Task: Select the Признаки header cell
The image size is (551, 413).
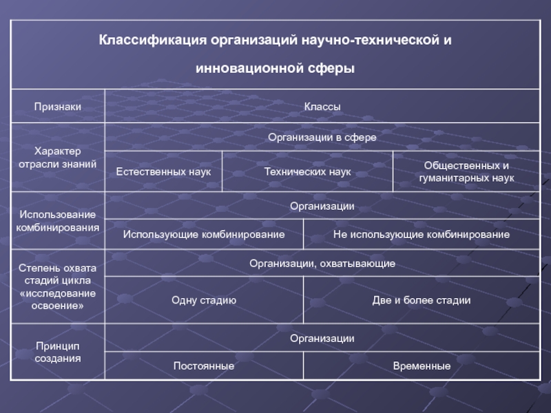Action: point(58,106)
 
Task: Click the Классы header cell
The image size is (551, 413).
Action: point(322,106)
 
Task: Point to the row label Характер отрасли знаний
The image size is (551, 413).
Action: point(58,157)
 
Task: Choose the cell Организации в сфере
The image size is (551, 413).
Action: point(322,138)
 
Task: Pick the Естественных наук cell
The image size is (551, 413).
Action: point(163,171)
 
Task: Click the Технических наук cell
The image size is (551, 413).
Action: point(307,171)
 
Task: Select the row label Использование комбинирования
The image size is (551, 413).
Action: point(58,220)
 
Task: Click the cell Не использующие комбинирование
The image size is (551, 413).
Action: point(422,235)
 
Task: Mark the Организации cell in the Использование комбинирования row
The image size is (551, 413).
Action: point(322,206)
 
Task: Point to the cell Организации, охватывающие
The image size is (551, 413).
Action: point(322,263)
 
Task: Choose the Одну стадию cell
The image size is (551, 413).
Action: point(204,300)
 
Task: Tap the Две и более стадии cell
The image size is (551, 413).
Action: point(422,300)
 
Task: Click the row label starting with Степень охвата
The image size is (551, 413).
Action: point(58,286)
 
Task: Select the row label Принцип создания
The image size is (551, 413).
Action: point(58,352)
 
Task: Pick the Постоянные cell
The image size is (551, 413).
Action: point(204,366)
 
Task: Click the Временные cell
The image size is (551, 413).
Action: point(422,366)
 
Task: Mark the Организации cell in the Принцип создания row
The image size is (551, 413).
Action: point(322,338)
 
